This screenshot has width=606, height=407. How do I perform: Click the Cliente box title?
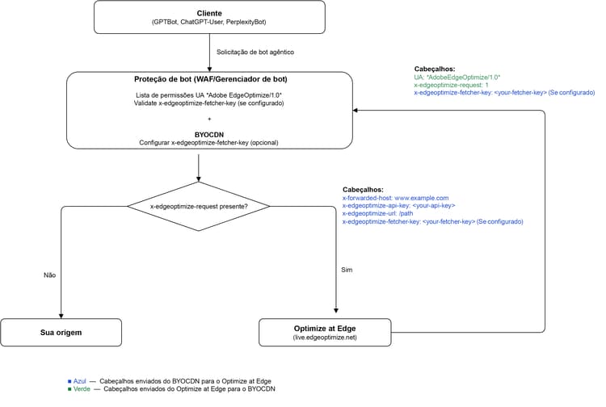[209, 13]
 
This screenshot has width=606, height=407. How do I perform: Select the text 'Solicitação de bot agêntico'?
[255, 52]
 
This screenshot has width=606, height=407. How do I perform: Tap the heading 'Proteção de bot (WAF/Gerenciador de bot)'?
[211, 79]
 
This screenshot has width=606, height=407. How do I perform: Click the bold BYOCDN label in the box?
[209, 135]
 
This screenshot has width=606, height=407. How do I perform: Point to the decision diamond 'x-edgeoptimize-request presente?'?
[199, 207]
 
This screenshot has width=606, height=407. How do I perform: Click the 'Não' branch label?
[49, 275]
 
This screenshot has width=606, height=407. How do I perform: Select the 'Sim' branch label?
[347, 270]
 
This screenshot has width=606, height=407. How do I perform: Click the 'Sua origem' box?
[61, 333]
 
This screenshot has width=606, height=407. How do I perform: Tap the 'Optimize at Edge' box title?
[325, 329]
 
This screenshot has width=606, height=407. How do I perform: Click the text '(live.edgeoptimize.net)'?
[325, 338]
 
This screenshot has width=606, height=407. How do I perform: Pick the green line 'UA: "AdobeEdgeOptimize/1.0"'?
[457, 78]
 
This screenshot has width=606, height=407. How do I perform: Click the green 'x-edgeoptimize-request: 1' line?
[451, 85]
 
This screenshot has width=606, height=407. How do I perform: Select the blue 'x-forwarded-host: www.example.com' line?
[395, 198]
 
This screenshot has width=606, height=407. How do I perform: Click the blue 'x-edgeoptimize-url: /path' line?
[377, 213]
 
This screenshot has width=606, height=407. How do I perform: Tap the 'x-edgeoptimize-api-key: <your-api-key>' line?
[398, 206]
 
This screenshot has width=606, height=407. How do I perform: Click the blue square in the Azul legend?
[69, 381]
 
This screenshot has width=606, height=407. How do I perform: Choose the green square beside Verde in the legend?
[69, 389]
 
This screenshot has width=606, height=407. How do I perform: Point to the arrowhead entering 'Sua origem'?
[61, 317]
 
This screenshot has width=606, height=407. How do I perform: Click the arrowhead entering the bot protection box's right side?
[356, 111]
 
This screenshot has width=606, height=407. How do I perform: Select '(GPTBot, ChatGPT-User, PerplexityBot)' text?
[209, 22]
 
